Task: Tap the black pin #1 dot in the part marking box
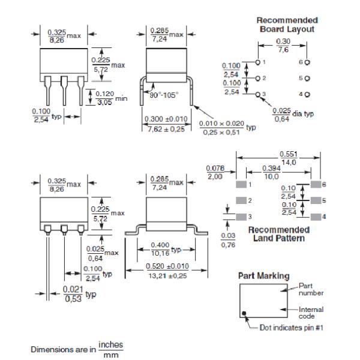(245, 313)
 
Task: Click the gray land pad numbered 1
(240, 184)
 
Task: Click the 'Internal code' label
(311, 313)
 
